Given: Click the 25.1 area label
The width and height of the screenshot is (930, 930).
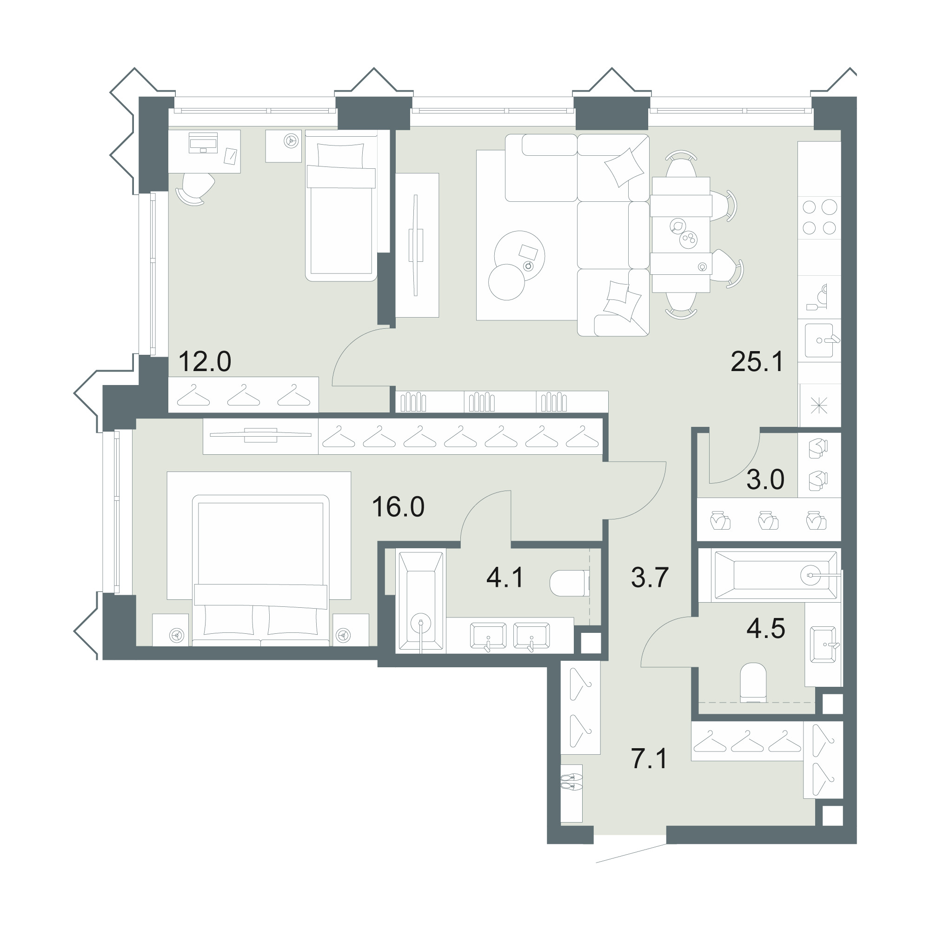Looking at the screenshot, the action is (757, 361).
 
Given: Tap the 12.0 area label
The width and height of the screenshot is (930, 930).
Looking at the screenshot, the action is (205, 361).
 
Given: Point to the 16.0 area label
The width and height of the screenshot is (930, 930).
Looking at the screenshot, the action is (398, 507).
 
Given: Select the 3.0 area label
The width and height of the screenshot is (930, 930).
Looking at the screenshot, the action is (765, 480).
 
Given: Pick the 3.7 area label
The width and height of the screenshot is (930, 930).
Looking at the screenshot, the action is (650, 578).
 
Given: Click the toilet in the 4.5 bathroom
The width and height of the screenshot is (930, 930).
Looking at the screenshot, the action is (753, 682).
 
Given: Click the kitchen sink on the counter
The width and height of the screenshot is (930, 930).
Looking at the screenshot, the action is (819, 340).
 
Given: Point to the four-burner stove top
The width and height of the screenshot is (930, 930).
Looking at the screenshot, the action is (819, 217).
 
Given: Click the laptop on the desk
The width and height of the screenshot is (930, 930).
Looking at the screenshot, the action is (203, 142).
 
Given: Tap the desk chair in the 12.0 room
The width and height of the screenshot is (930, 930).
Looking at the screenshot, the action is (195, 188).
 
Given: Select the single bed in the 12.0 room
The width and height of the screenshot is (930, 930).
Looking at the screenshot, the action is (341, 205).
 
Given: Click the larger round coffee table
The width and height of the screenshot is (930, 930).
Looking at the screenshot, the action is (520, 255).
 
